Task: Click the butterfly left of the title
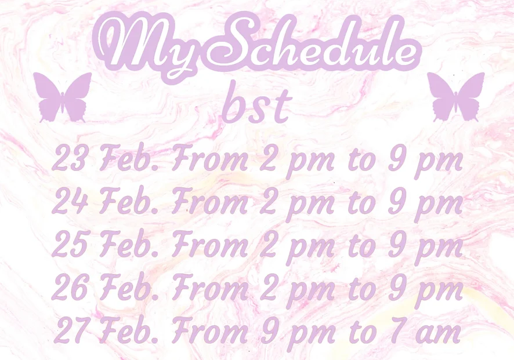(62, 97)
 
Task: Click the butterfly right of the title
(455, 97)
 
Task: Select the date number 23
(70, 158)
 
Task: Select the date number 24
(70, 201)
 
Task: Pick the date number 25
(70, 244)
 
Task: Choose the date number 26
(70, 288)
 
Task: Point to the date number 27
(71, 330)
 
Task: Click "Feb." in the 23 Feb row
(129, 158)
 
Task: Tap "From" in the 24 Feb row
(210, 200)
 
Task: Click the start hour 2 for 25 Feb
(269, 244)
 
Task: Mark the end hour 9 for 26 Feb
(397, 288)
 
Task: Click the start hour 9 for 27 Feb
(269, 330)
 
